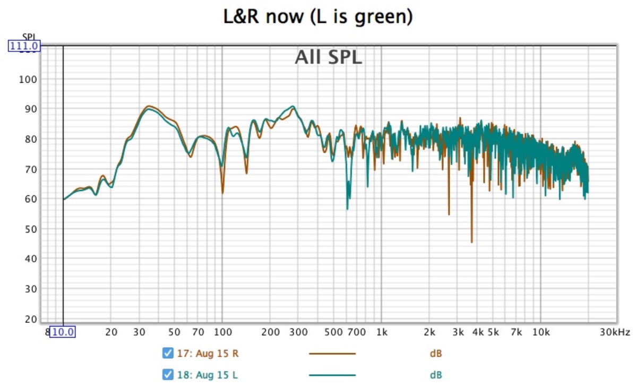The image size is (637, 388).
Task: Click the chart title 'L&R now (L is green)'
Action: click(x=318, y=17)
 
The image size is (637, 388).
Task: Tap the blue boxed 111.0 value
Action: click(x=24, y=46)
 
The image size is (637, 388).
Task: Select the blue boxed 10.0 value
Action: click(x=62, y=333)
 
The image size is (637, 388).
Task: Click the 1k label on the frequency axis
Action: click(x=381, y=333)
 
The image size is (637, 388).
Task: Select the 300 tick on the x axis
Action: click(x=298, y=333)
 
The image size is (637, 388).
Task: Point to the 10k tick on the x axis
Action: click(x=540, y=333)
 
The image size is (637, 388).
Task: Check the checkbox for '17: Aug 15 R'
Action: click(x=168, y=353)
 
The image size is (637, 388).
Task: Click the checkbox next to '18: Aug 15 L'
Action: click(x=168, y=375)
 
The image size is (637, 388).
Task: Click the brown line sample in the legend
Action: click(x=332, y=353)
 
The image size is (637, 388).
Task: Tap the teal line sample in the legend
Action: click(x=332, y=375)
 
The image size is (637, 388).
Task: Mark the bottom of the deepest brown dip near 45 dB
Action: click(x=471, y=242)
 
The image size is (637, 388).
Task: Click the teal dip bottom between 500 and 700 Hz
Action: click(x=347, y=209)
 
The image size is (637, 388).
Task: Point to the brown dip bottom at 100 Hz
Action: click(x=222, y=193)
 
